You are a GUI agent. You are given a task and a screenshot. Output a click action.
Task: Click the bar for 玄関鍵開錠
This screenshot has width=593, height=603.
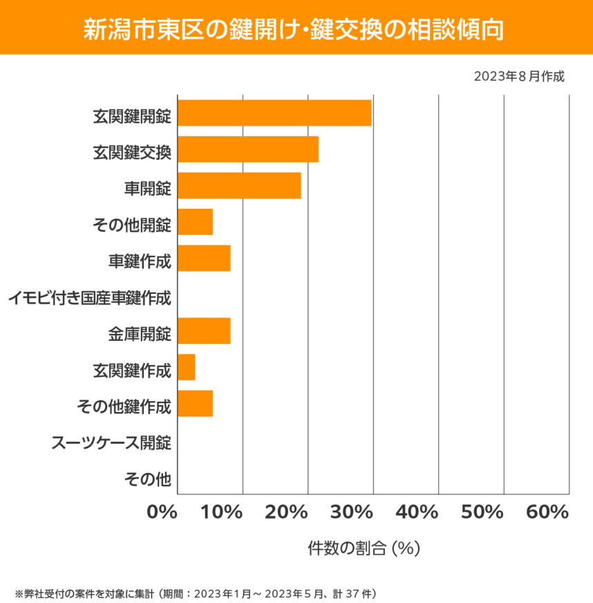click(274, 113)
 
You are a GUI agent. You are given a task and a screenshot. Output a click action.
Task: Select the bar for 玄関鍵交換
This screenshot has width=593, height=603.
click(248, 149)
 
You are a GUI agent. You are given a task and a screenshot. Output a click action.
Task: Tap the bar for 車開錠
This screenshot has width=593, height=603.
click(239, 186)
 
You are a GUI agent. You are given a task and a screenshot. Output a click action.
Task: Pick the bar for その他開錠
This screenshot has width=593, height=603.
click(195, 222)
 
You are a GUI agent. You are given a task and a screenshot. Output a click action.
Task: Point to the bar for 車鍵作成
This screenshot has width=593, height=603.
click(204, 258)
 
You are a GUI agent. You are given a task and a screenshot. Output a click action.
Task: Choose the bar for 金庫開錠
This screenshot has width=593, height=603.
click(204, 331)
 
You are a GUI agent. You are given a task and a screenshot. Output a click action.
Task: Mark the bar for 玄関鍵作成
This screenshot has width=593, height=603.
click(187, 367)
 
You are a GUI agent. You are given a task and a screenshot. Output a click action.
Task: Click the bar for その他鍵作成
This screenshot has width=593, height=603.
click(195, 404)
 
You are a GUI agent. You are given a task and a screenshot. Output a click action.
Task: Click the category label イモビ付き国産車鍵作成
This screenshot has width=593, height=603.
click(90, 299)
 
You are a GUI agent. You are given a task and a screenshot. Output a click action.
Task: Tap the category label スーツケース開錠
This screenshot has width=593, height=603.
click(111, 442)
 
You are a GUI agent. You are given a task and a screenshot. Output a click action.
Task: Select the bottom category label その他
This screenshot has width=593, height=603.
click(147, 478)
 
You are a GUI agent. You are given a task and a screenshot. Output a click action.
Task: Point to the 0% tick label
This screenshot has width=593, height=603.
click(162, 512)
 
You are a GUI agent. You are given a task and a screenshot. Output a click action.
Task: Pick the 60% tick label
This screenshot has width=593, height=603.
click(547, 512)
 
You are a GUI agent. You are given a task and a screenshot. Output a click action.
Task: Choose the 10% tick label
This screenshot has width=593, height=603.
click(223, 512)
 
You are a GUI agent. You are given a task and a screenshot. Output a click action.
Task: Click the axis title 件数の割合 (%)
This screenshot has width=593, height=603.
click(364, 548)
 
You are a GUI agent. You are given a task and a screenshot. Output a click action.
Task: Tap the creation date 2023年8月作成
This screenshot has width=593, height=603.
click(519, 76)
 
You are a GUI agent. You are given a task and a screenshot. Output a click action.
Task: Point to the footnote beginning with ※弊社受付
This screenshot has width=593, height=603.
click(195, 593)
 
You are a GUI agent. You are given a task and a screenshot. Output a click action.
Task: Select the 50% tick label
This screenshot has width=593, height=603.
click(482, 512)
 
